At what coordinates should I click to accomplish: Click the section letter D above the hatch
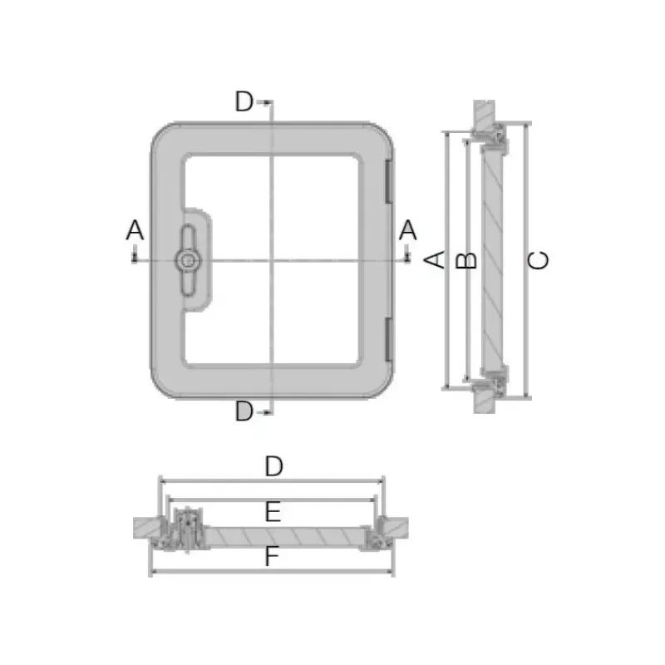pyautogui.click(x=244, y=101)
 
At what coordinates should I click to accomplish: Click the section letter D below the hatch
pyautogui.click(x=244, y=411)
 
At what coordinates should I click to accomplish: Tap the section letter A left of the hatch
pyautogui.click(x=135, y=230)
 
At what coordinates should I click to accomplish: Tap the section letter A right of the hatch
pyautogui.click(x=408, y=230)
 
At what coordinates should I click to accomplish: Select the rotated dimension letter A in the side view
pyautogui.click(x=435, y=259)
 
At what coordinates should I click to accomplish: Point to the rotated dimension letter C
pyautogui.click(x=538, y=260)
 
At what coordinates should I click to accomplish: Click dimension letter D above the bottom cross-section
pyautogui.click(x=274, y=466)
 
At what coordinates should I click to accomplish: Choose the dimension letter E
pyautogui.click(x=273, y=511)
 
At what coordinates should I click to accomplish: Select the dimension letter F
pyautogui.click(x=272, y=556)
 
